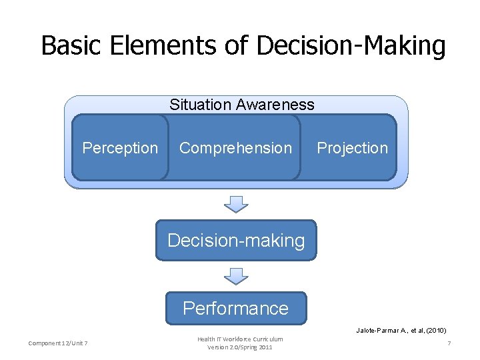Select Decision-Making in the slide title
[x=351, y=45]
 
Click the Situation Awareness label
[x=241, y=105]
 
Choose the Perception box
[x=120, y=148]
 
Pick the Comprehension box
[x=235, y=148]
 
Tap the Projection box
[x=352, y=148]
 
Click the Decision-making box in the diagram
[x=236, y=240]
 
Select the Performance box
[x=235, y=308]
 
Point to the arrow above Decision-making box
[x=236, y=203]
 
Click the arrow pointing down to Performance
[x=236, y=275]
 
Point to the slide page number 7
[x=449, y=343]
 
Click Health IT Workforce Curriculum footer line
[x=240, y=339]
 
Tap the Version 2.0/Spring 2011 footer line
[x=240, y=347]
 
